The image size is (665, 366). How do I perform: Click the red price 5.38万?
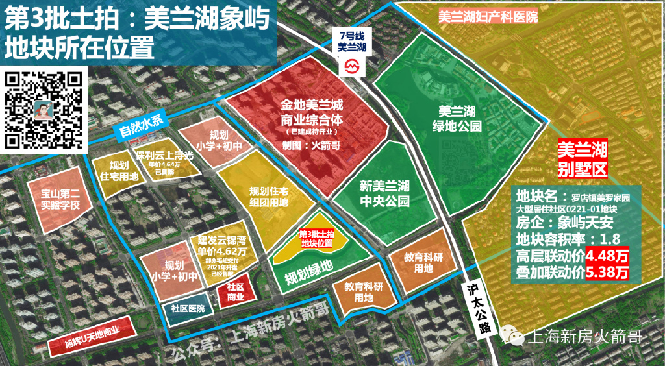coord(608,273)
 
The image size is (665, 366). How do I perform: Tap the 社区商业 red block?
coord(235,292)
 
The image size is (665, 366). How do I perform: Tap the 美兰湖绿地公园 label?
coord(460,117)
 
